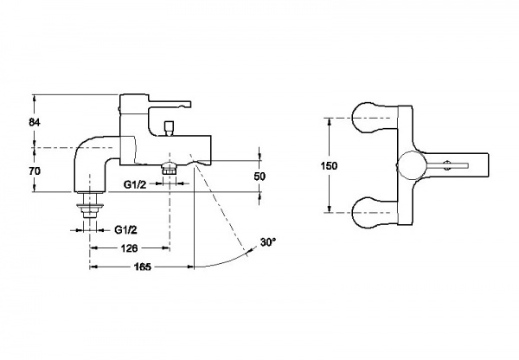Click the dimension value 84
point(35,122)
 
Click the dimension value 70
point(35,171)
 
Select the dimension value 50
point(259,177)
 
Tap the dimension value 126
point(129,248)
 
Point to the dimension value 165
point(143,267)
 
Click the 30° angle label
point(268,242)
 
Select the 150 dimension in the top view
point(329,165)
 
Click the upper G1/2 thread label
point(135,185)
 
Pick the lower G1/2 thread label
point(125,230)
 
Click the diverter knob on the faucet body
point(170,128)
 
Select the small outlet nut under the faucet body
point(170,169)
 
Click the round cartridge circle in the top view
point(412,165)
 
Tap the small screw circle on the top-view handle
point(447,165)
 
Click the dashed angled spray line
point(219,203)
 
